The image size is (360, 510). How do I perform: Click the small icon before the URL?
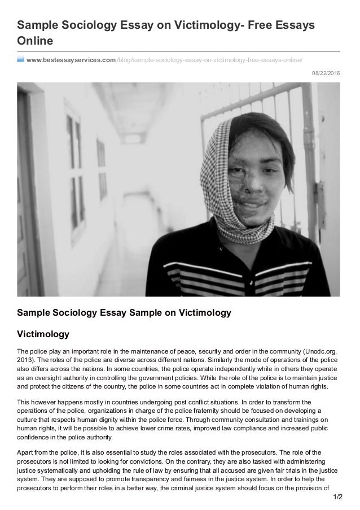pyautogui.click(x=20, y=59)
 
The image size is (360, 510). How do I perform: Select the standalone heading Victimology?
pyautogui.click(x=43, y=333)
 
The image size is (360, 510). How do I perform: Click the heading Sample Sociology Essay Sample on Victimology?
pyautogui.click(x=124, y=312)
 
